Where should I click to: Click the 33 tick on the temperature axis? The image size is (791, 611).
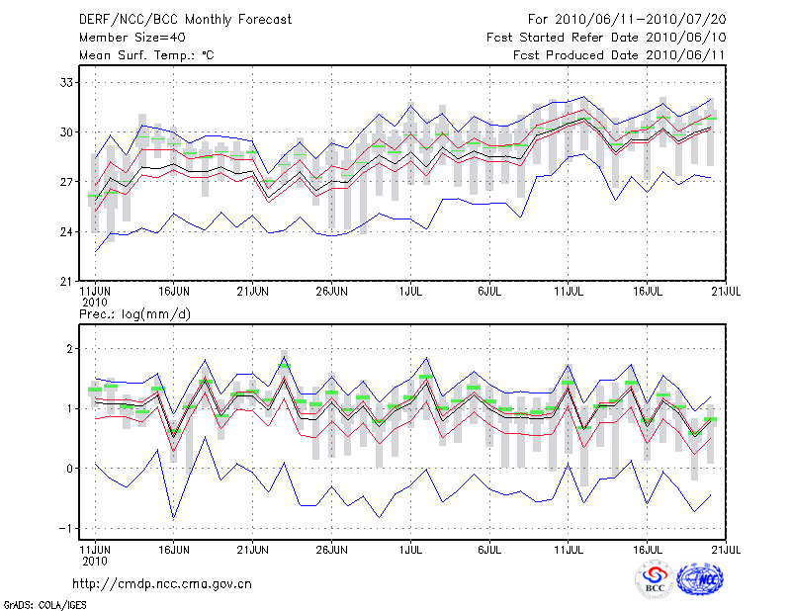[68, 82]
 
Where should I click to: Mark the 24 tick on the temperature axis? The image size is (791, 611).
[68, 231]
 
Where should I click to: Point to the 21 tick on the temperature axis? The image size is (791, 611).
[68, 282]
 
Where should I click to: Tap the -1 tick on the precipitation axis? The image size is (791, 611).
[68, 528]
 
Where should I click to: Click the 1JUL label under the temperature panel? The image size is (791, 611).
[410, 293]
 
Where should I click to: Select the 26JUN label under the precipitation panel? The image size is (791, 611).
[331, 547]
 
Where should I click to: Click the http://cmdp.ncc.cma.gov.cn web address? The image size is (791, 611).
[162, 583]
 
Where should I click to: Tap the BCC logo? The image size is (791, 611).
[655, 581]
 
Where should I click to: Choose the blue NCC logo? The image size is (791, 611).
[703, 580]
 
